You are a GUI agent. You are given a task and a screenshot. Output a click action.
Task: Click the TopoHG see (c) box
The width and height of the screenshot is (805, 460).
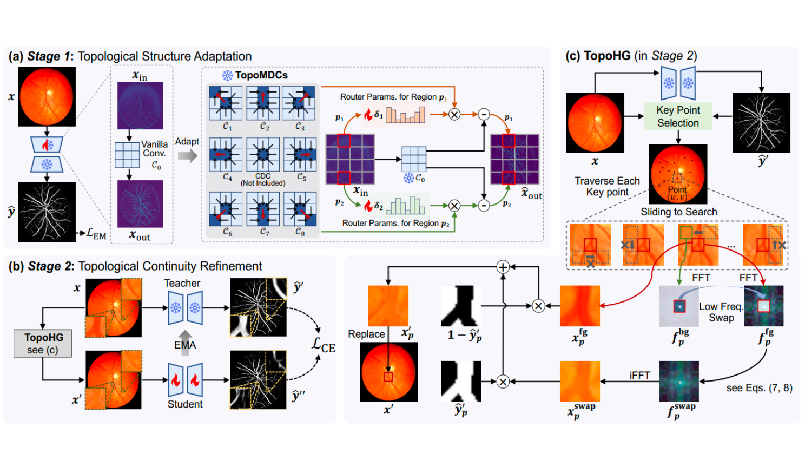pyautogui.click(x=43, y=343)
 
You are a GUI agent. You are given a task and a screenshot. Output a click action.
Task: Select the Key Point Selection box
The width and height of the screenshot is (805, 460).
pyautogui.click(x=678, y=116)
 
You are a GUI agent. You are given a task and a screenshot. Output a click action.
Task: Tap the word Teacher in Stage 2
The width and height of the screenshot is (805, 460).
pyautogui.click(x=182, y=283)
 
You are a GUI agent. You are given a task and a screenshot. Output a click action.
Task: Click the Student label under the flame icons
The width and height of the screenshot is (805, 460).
pyautogui.click(x=185, y=404)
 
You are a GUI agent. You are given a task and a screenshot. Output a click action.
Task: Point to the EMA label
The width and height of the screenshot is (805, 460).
pyautogui.click(x=185, y=345)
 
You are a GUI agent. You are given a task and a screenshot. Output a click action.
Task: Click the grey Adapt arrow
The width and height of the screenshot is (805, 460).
pyautogui.click(x=187, y=156)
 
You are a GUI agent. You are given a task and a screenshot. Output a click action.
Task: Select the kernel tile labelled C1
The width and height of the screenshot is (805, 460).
pyautogui.click(x=226, y=103)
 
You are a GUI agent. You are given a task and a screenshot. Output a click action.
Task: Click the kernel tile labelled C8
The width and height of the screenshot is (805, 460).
pyautogui.click(x=300, y=209)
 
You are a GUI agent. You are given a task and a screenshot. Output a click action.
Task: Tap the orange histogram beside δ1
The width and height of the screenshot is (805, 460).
pyautogui.click(x=405, y=114)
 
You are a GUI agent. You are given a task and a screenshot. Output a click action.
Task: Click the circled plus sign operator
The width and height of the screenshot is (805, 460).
pyautogui.click(x=503, y=266)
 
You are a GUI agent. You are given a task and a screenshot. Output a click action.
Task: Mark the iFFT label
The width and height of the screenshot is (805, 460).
pyautogui.click(x=639, y=375)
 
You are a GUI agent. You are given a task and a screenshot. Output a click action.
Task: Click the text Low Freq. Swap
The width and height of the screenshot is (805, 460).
pyautogui.click(x=721, y=312)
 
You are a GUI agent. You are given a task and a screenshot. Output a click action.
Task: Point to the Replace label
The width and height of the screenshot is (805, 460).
pyautogui.click(x=366, y=334)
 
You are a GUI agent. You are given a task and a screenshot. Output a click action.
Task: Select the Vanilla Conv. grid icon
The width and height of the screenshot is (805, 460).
pyautogui.click(x=127, y=155)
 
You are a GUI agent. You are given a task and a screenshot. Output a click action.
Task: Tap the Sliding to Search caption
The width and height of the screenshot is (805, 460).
pyautogui.click(x=679, y=212)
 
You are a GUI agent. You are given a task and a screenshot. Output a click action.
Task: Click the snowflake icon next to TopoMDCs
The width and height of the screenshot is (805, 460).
pyautogui.click(x=228, y=75)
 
